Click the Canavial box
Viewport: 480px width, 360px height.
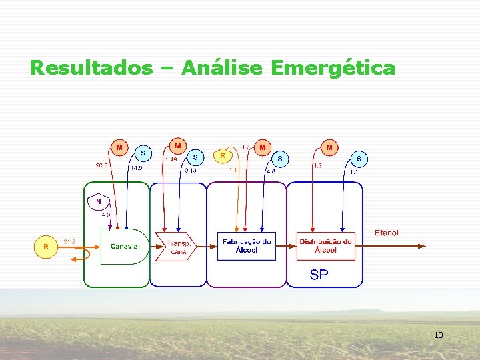coord(125,246)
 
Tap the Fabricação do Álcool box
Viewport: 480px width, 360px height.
coord(247,246)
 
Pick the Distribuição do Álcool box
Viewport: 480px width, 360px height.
coord(325,246)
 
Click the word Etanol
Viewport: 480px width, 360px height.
coord(387,233)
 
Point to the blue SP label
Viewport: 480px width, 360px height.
coord(319,275)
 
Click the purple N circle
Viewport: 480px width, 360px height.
coord(99,201)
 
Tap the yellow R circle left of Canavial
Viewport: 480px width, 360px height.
coord(45,247)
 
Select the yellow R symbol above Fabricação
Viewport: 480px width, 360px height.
coord(223,155)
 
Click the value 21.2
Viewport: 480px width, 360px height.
coord(69,241)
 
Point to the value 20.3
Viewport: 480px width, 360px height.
coord(101,165)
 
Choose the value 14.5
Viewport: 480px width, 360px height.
coord(136,169)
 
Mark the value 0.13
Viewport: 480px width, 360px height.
coord(191,170)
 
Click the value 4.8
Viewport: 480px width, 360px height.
coord(271,171)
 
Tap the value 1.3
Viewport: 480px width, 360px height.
coord(318,165)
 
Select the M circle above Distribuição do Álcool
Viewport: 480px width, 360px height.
coord(329,146)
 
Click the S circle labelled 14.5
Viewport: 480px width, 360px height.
coord(143,153)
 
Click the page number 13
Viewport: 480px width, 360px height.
coord(438,335)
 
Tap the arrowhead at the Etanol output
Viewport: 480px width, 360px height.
coord(421,246)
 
